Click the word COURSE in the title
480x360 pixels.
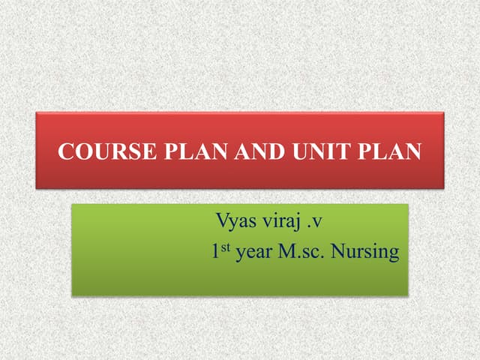[x=94, y=151]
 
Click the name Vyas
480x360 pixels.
[x=235, y=222]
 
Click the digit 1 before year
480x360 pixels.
[x=216, y=251]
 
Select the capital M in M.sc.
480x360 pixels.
[x=287, y=250]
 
